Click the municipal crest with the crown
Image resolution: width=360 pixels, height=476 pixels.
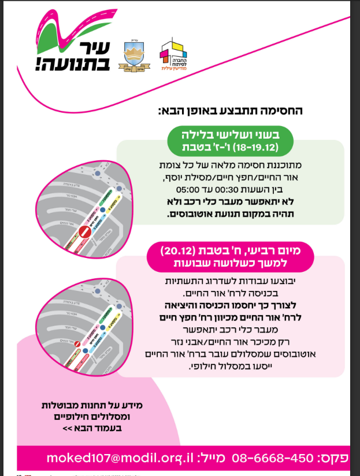point(133,56)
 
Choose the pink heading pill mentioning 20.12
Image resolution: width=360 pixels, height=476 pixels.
point(229,257)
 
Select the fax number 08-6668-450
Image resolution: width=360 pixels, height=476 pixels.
point(273,458)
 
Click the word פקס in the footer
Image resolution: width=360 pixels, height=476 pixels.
point(334,458)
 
